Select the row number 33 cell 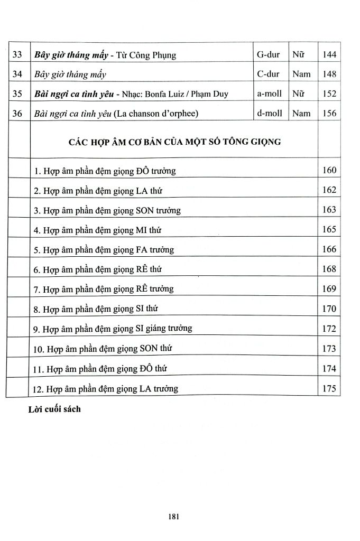[18, 54]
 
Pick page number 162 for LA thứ [329, 190]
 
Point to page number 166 [329, 249]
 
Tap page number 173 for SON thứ [329, 348]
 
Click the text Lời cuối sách [54, 409]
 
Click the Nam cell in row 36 [301, 113]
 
